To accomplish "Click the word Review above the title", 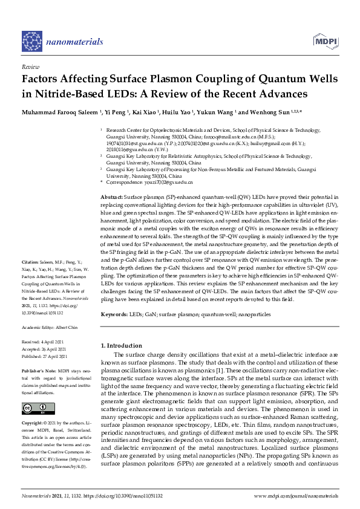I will point(30,67).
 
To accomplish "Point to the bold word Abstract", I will point(111,198).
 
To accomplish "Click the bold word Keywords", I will point(113,314).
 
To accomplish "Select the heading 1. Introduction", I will point(121,345).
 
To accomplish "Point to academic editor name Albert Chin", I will point(72,327).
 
